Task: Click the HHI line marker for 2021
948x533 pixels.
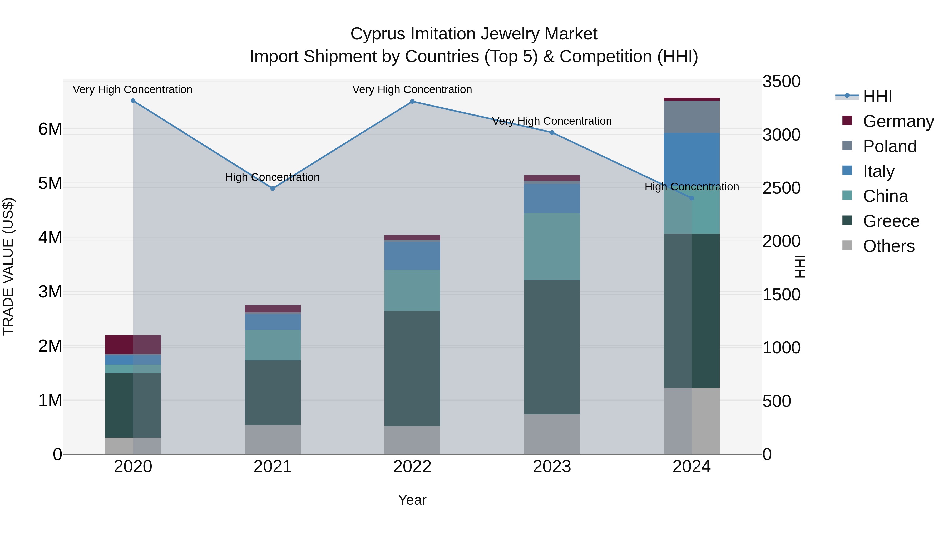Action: (273, 188)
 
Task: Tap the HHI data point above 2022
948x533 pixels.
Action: (412, 102)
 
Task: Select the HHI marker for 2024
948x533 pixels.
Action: (692, 198)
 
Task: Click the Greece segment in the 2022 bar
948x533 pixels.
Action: (412, 368)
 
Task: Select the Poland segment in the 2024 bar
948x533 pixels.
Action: (692, 117)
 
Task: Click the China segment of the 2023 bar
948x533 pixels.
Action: (552, 246)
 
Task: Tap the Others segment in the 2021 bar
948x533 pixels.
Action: (273, 439)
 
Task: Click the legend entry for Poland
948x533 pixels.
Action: (889, 146)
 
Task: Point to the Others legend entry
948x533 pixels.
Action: (888, 246)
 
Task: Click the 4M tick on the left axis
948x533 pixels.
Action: (50, 238)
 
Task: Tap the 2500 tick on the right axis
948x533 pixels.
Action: (781, 188)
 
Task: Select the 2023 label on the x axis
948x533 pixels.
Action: (552, 467)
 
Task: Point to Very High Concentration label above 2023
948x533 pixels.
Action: (552, 121)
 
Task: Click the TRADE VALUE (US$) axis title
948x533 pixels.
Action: (8, 266)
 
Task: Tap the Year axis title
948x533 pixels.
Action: (412, 500)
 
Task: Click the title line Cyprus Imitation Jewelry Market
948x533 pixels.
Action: (474, 34)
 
